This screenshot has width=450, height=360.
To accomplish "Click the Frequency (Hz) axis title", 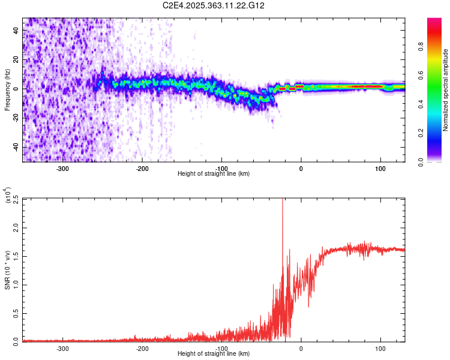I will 7,89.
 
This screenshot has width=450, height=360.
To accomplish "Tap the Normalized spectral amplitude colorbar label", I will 446,90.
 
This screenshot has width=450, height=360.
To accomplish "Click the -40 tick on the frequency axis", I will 16,148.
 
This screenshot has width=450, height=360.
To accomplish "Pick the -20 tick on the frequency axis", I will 16,118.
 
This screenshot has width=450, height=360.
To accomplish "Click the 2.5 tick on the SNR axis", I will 16,199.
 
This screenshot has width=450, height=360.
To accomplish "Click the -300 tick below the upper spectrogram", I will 63,169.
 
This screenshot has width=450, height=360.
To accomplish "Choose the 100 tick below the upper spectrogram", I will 380,169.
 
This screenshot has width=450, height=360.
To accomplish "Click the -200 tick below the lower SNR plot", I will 142,349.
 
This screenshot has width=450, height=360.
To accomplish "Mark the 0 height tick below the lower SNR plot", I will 301,349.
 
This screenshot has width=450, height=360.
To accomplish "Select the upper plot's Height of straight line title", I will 214,174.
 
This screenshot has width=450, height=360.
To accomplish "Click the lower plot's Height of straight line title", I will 214,354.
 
